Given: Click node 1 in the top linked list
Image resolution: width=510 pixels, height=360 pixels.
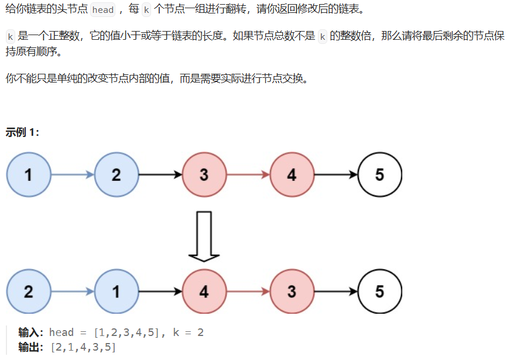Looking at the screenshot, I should point(28,174).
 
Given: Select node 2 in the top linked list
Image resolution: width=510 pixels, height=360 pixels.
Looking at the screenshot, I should point(116,174).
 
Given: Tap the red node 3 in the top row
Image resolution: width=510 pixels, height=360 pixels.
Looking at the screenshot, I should point(204,174).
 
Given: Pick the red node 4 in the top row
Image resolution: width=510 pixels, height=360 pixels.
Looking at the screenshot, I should point(292,174).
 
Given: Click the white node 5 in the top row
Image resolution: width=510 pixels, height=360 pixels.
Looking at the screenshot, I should point(379,174).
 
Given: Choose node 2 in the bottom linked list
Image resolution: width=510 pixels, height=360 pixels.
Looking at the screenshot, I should point(28,291).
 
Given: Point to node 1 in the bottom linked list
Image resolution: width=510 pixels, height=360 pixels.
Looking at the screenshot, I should point(116,291).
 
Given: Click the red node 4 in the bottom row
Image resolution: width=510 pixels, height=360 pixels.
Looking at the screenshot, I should point(204,291).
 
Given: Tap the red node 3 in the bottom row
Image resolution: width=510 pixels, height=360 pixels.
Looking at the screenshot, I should point(292,291).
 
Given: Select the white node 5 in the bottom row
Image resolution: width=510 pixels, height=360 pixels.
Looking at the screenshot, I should point(379,291).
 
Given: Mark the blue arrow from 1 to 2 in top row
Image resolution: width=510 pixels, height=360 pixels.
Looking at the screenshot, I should point(72,174).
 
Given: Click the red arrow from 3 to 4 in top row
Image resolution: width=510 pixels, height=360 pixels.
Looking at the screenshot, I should point(248,174).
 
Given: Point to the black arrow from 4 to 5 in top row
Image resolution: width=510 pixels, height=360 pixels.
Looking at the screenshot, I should point(336,174).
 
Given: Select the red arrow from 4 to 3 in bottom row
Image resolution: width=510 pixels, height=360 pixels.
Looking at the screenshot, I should point(248,291).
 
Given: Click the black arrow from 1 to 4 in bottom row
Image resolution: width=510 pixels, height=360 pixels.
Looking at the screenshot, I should point(160,291).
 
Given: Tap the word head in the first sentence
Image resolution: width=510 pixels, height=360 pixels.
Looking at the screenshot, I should point(102,10).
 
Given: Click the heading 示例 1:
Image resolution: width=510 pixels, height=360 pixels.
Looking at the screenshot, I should point(22,132).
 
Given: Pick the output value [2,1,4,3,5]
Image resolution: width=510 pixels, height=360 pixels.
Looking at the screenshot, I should point(83,348).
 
